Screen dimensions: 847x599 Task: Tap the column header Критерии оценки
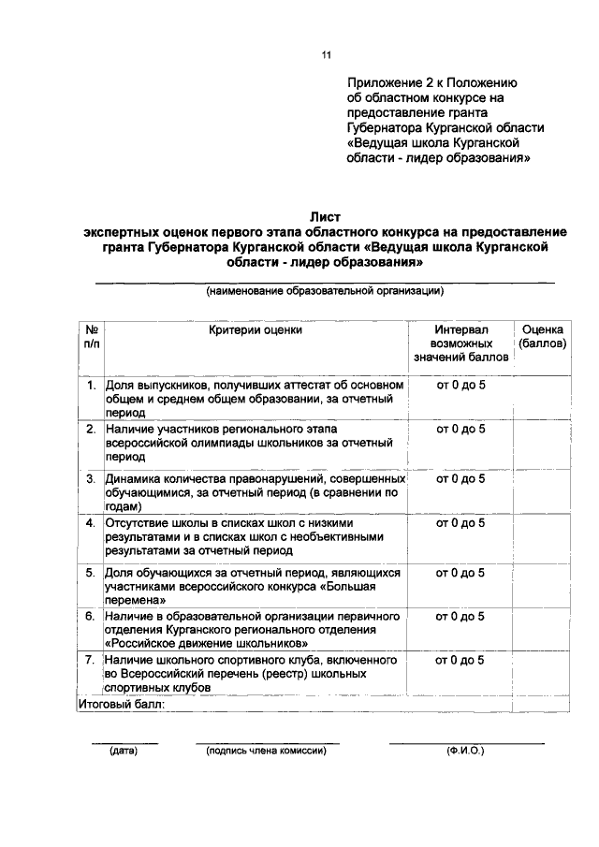pos(256,329)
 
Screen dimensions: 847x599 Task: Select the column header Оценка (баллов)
pos(542,336)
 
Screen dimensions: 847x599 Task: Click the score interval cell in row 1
pos(460,384)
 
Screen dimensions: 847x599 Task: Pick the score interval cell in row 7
pos(460,660)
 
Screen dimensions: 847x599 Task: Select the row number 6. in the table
pos(92,616)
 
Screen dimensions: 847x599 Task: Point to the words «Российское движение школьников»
pos(207,644)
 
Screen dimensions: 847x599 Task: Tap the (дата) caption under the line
pos(123,751)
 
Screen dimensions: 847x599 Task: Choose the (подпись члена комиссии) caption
pos(267,751)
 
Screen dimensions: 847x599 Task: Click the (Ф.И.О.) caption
pos(465,751)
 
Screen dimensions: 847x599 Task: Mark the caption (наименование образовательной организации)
pos(325,291)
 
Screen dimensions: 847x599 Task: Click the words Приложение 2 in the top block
pos(392,82)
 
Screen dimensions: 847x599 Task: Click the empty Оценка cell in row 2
pos(542,442)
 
